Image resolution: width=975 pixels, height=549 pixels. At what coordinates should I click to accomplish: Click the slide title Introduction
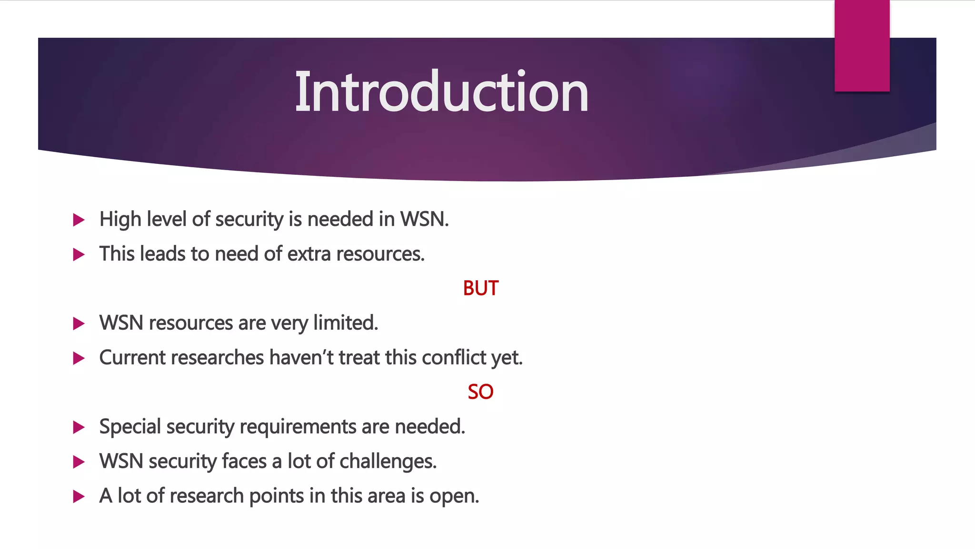coord(441,91)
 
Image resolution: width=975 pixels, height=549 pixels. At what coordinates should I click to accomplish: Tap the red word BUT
coord(480,288)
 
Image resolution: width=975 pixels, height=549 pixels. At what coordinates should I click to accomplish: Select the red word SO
coord(480,392)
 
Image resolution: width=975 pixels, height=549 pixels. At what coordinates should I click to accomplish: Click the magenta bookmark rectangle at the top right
coord(862,46)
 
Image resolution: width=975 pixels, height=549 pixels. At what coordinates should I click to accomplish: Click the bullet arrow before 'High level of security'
coord(79,220)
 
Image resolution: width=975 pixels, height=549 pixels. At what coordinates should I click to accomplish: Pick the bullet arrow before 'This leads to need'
coord(79,254)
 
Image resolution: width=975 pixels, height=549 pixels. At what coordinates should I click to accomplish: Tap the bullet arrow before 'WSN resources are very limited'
coord(79,324)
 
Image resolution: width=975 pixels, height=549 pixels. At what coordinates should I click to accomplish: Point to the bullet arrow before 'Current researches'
coord(79,358)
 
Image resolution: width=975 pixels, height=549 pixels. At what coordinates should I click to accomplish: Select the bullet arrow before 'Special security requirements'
coord(79,427)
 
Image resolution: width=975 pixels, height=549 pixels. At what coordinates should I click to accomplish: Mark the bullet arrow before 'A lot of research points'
coord(79,497)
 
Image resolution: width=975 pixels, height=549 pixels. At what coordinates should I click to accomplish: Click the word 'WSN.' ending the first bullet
coord(424,219)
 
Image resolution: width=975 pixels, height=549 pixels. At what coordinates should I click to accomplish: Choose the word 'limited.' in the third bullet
coord(345,323)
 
